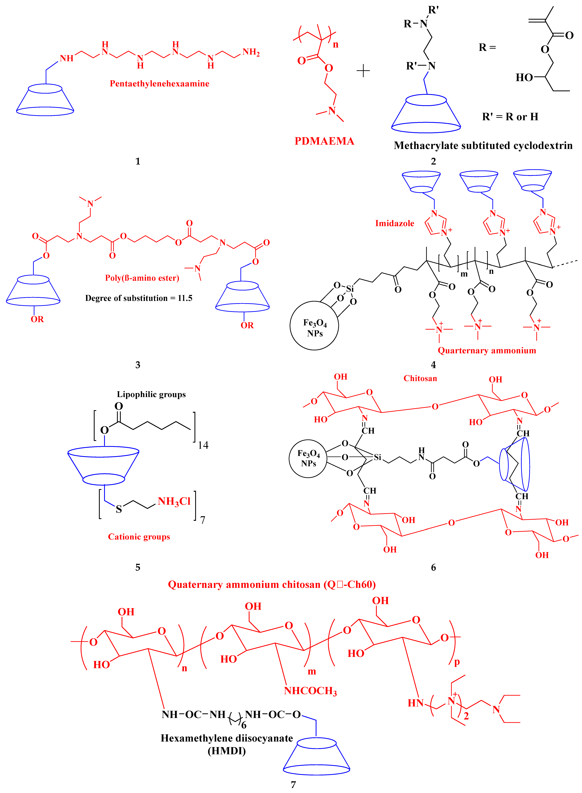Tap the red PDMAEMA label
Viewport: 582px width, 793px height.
coord(324,141)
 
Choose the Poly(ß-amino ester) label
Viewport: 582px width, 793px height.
coord(142,278)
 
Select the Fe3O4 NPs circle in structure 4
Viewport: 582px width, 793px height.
coord(314,326)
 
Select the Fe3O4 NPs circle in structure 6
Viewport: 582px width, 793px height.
coord(308,458)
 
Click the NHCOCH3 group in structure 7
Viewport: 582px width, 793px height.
coord(310,691)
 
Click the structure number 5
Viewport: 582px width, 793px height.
coord(138,567)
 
